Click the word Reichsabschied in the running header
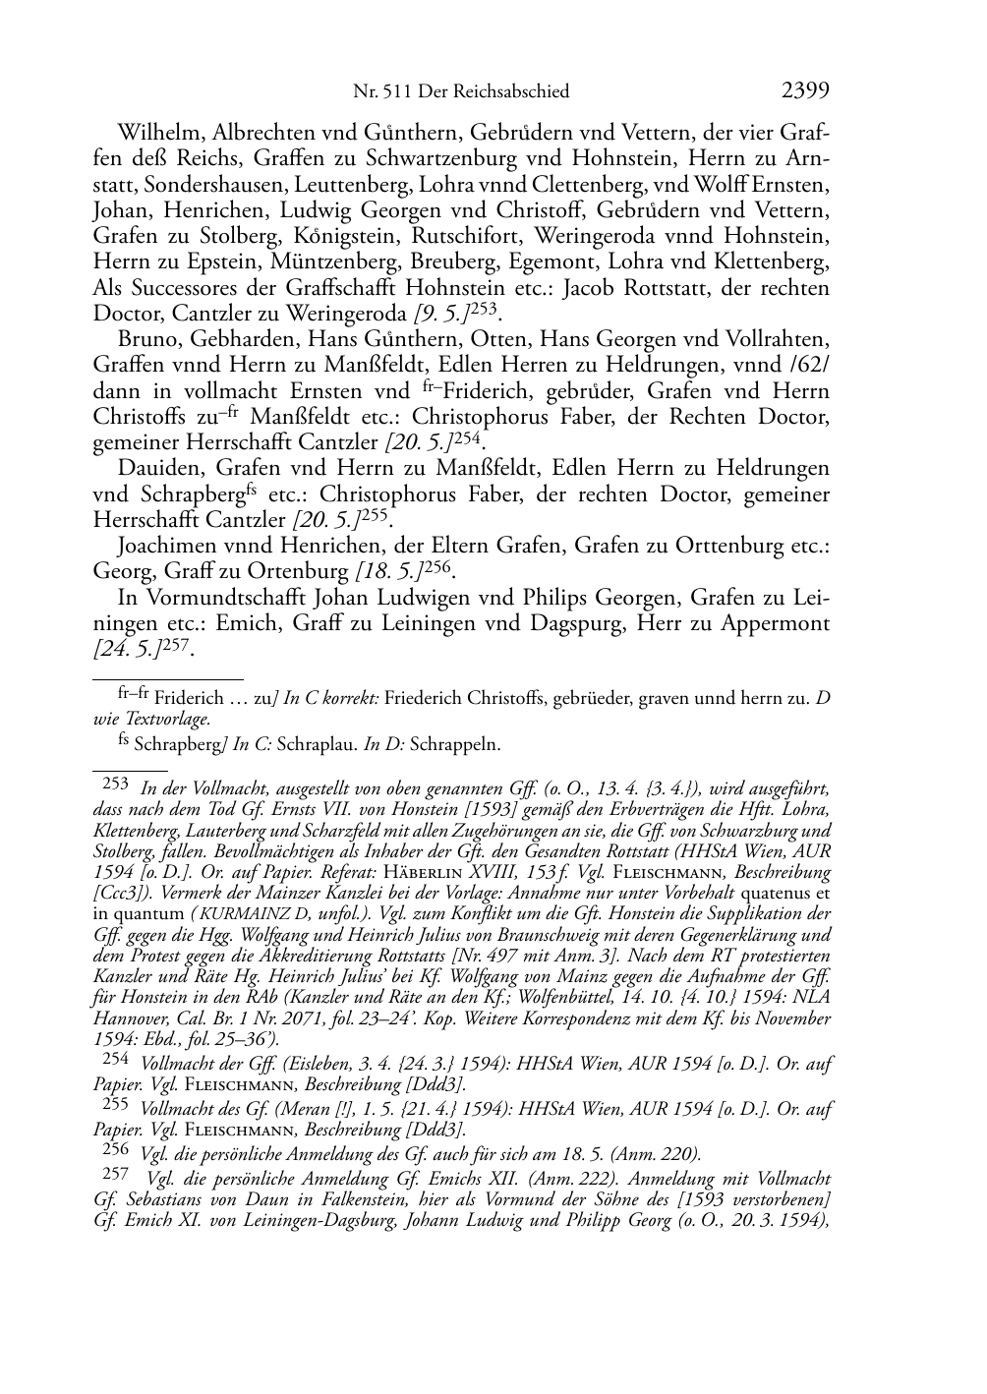point(516,91)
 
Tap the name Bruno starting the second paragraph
point(145,339)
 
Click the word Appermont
point(772,622)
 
